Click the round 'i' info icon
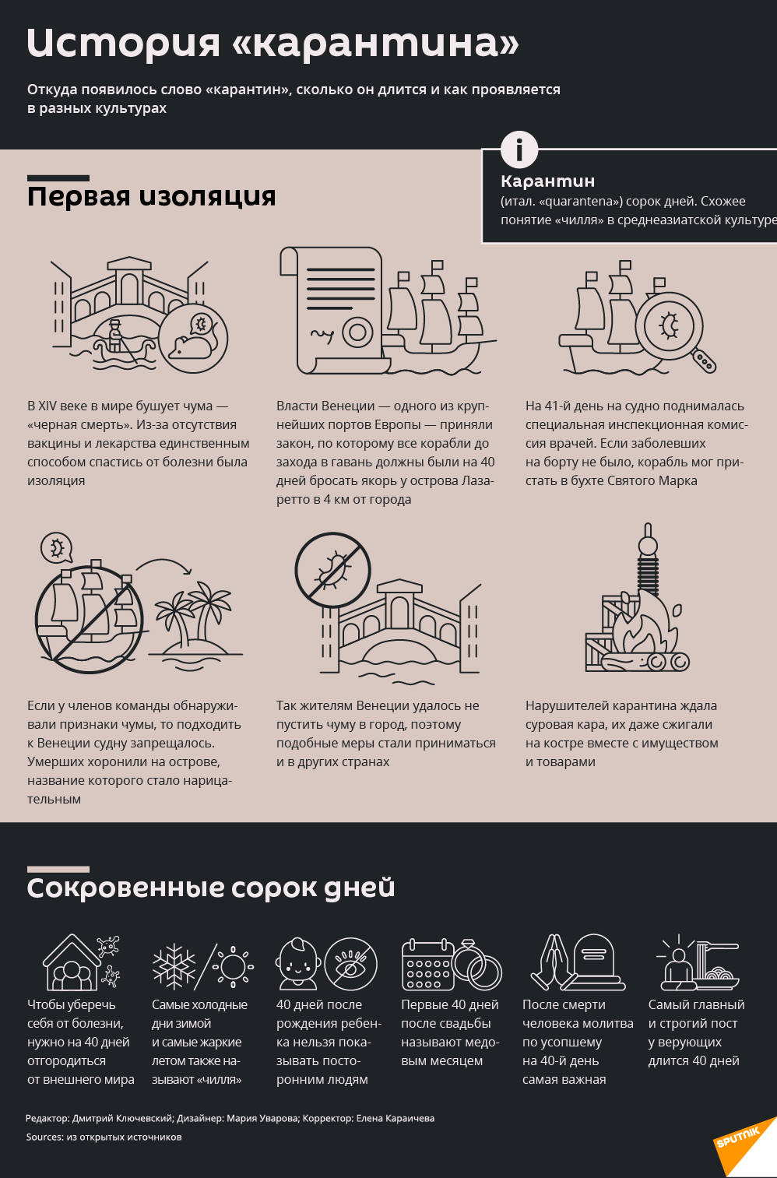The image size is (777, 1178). click(x=519, y=149)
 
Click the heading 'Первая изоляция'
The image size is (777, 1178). click(x=151, y=196)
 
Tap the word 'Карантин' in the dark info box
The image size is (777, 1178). click(x=548, y=181)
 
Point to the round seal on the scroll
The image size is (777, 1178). click(x=358, y=332)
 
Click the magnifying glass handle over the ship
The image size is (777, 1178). click(x=704, y=361)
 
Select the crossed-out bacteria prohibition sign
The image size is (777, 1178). click(x=332, y=571)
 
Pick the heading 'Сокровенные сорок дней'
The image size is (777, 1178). click(x=211, y=888)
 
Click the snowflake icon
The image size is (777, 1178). click(x=174, y=966)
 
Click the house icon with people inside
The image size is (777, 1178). click(x=72, y=963)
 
